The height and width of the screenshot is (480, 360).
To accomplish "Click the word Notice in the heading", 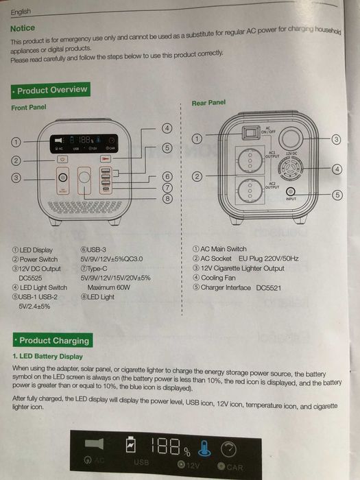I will point(23,28).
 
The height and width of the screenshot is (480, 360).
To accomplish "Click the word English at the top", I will point(21,12).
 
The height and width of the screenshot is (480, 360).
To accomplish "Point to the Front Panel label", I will point(29,108).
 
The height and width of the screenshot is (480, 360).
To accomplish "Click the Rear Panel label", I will point(208,103).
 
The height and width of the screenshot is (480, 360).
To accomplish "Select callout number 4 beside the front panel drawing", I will point(167,128).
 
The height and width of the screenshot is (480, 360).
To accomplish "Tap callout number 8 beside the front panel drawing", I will point(167,199).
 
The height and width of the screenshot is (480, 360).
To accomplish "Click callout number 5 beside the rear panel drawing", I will point(337,195).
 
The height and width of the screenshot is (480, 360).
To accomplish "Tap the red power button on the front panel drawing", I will point(62,158).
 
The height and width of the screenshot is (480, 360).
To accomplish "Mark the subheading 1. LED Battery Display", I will point(47,357).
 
